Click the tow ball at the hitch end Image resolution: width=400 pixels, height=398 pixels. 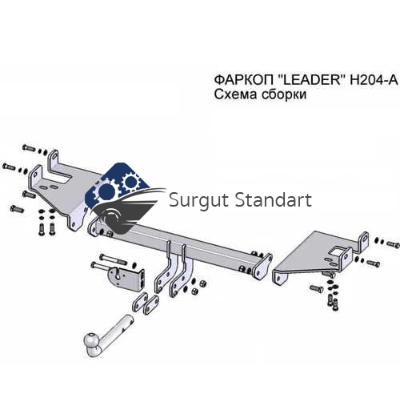[91, 340]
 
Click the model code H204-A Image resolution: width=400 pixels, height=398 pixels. [374, 79]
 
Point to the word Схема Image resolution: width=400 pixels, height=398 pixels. [235, 94]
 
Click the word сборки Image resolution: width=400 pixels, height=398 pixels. [283, 94]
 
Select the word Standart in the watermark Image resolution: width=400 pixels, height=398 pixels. [274, 199]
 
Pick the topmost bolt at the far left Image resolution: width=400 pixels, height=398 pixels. [29, 147]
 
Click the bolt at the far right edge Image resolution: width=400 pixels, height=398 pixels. [393, 244]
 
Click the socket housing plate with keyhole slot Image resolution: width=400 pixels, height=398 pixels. [126, 279]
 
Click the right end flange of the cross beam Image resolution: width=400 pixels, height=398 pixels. [262, 267]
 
